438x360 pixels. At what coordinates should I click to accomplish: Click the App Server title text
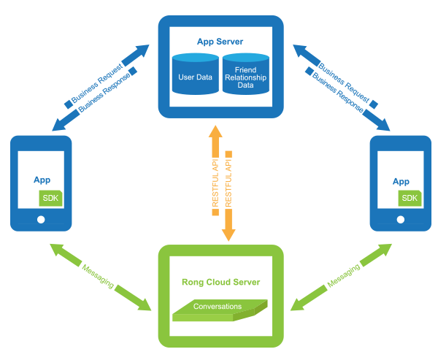pyautogui.click(x=220, y=42)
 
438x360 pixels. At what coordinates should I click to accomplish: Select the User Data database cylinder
pyautogui.click(x=195, y=75)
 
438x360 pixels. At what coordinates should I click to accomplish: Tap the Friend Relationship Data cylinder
pyautogui.click(x=246, y=75)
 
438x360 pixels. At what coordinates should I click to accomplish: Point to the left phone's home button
pyautogui.click(x=41, y=219)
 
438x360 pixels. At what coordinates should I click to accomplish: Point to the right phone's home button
pyautogui.click(x=401, y=219)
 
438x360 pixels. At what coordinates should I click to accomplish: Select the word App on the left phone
pyautogui.click(x=42, y=180)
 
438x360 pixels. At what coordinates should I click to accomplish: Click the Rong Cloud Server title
pyautogui.click(x=220, y=282)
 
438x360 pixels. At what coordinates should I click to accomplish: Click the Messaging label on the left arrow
pyautogui.click(x=99, y=274)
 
